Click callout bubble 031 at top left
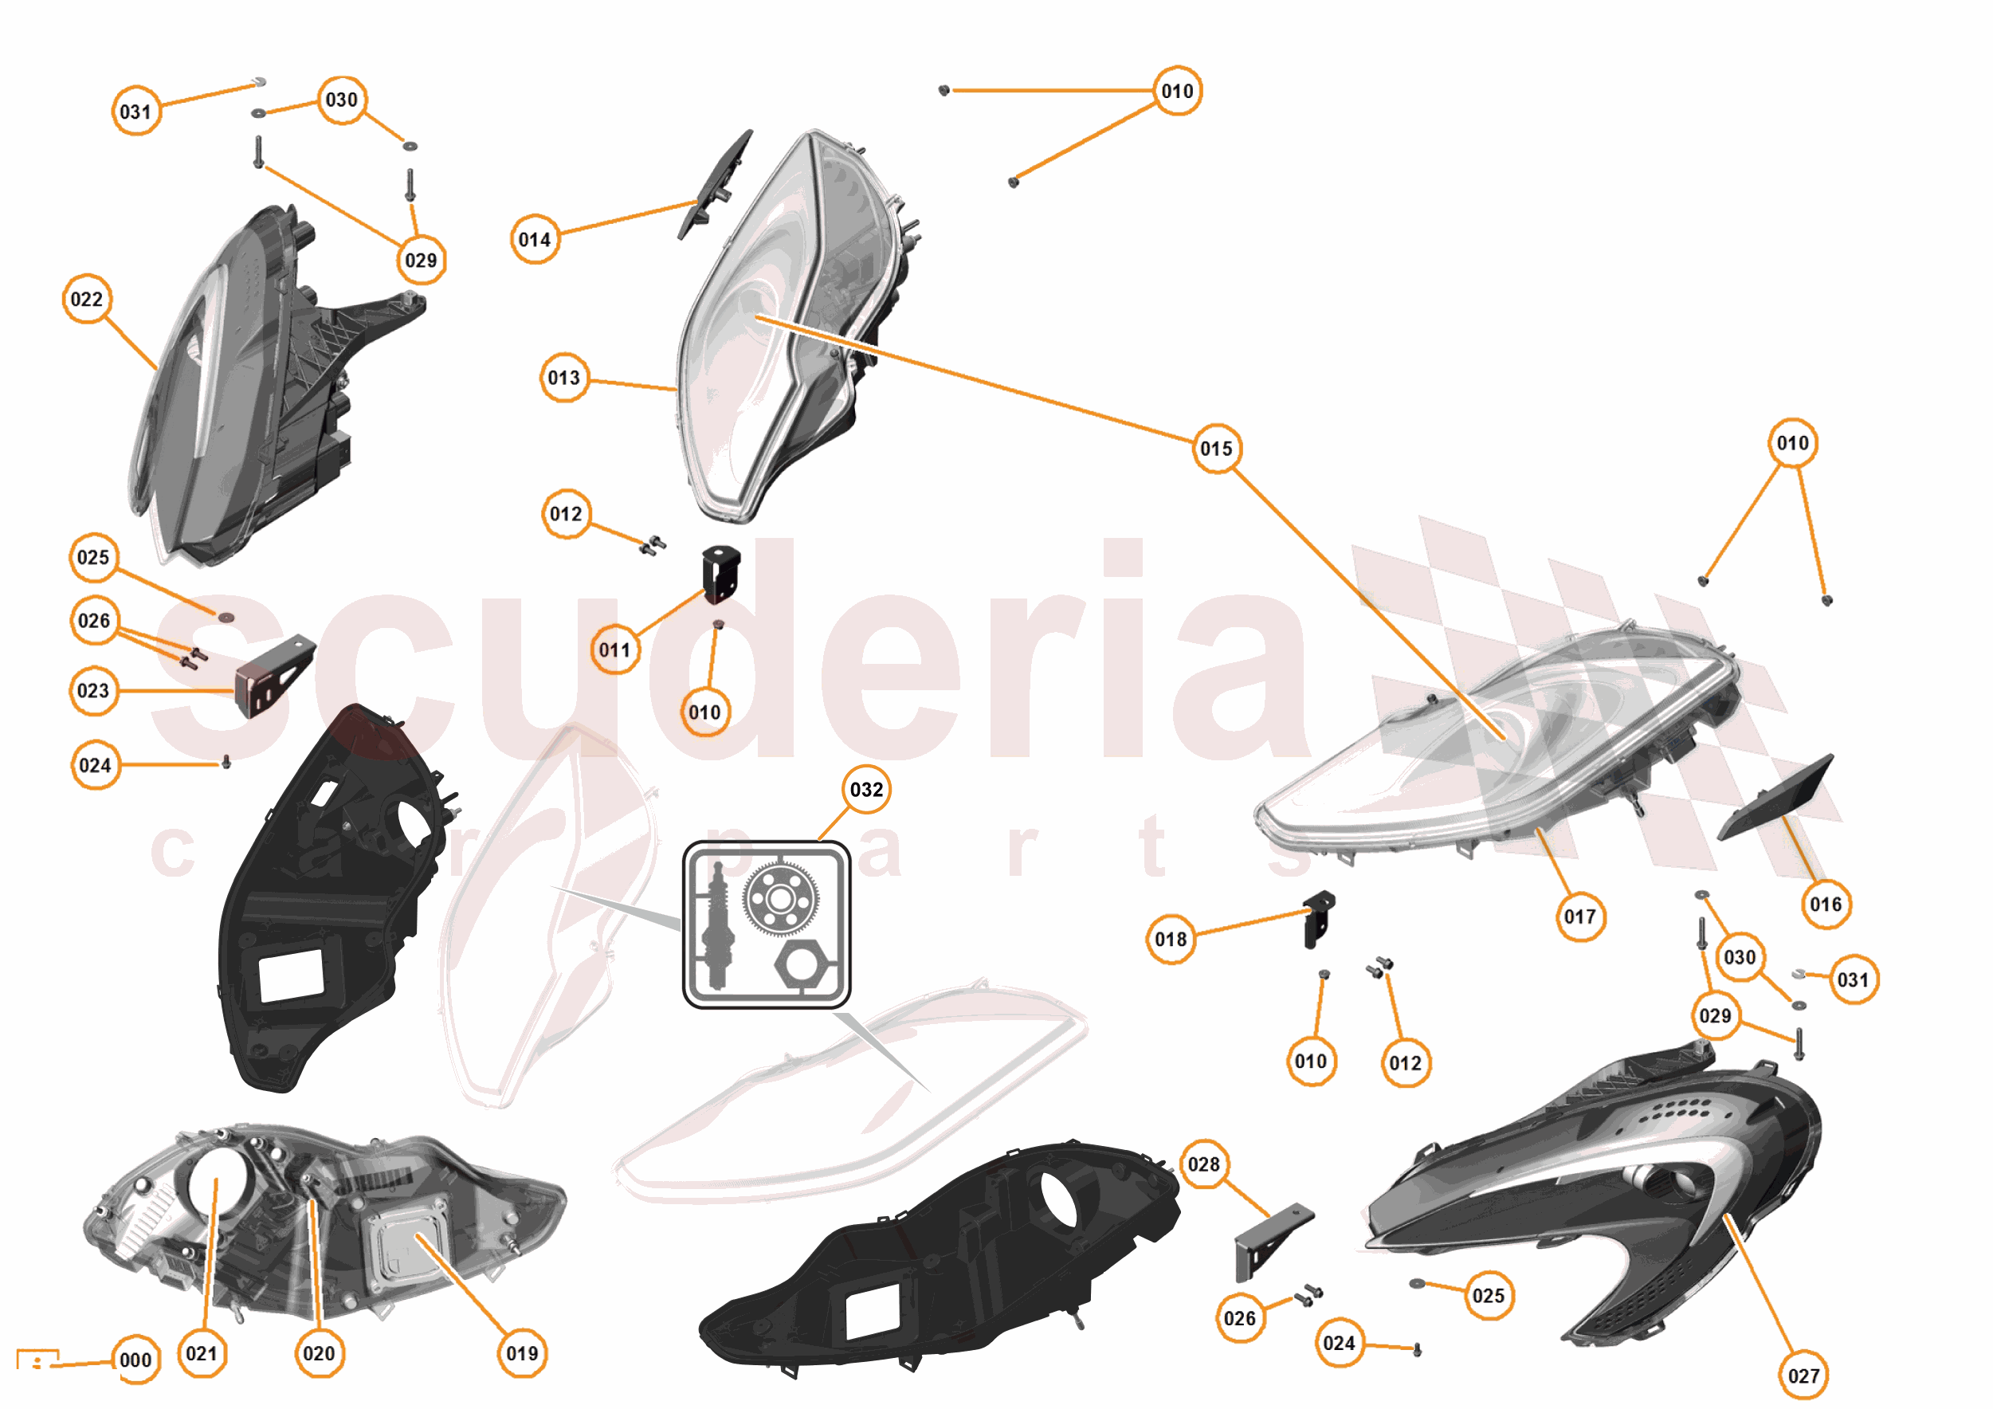pos(135,111)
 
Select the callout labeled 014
pos(534,240)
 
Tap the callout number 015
pos(1215,449)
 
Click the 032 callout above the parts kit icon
pos(865,789)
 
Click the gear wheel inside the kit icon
pos(779,900)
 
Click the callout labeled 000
pos(135,1360)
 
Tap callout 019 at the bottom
pos(522,1353)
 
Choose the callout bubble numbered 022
pos(87,300)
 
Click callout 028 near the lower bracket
pos(1203,1164)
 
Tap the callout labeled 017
pos(1579,916)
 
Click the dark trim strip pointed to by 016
pos(1775,798)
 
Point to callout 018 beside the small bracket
pos(1170,940)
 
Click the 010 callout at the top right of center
pos(1176,91)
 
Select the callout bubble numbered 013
pos(563,378)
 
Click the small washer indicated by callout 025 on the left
pos(226,618)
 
